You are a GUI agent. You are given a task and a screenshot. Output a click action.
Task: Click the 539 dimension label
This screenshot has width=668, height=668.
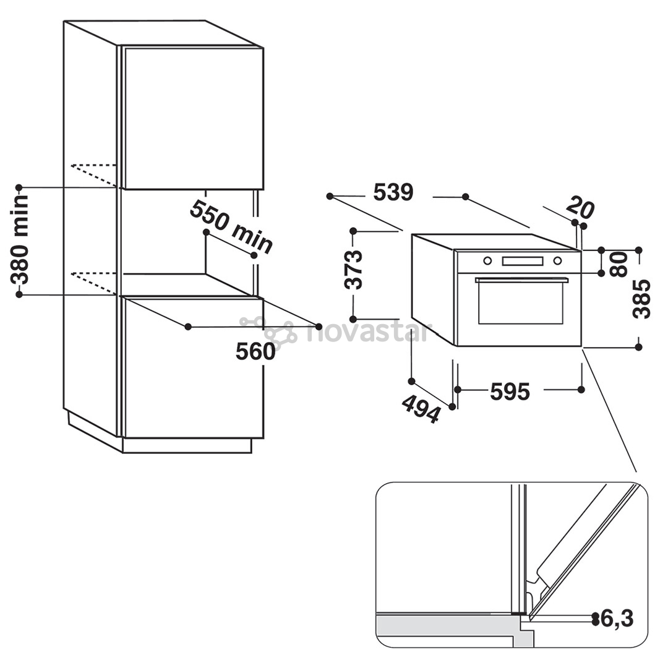[x=393, y=192]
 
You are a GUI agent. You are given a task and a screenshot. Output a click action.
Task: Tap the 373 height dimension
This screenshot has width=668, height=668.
[x=354, y=269]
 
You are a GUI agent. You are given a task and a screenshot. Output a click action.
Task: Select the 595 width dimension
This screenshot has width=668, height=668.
[x=510, y=391]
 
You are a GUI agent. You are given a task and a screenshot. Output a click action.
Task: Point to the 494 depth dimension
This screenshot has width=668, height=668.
[x=421, y=408]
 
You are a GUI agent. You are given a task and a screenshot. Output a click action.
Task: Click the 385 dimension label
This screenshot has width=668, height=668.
[x=641, y=299]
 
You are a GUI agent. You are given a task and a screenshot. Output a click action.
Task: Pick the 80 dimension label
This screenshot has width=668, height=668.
[x=618, y=264]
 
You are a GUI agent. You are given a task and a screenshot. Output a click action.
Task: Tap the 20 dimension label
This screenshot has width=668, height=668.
[x=580, y=208]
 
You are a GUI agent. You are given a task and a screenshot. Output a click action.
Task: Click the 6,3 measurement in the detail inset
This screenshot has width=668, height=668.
[x=617, y=619]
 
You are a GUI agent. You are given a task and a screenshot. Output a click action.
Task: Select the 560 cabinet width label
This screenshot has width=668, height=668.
[x=255, y=352]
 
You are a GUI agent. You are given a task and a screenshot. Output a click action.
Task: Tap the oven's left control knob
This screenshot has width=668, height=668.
[x=487, y=261]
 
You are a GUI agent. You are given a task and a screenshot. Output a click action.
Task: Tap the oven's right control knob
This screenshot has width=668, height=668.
[x=557, y=261]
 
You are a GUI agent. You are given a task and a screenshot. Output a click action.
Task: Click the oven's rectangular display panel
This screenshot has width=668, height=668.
[x=522, y=261]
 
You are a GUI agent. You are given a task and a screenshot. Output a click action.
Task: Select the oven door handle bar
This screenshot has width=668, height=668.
[x=522, y=280]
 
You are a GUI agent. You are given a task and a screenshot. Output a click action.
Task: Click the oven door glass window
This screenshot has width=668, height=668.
[x=521, y=303]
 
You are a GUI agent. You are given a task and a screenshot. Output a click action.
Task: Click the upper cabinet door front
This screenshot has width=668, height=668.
[x=193, y=118]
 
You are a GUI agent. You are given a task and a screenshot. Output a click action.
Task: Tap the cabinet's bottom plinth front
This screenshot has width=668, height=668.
[x=187, y=445]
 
